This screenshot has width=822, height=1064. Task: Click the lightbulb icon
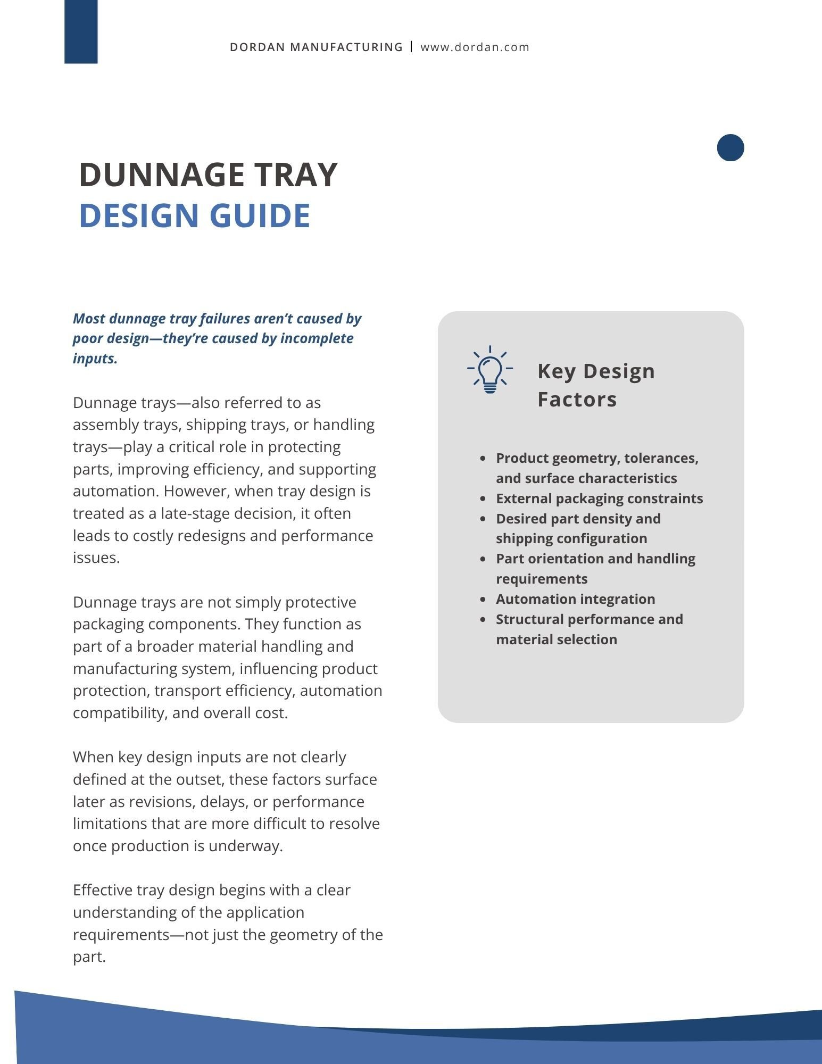click(x=489, y=370)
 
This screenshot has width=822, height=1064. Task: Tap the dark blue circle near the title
click(x=730, y=147)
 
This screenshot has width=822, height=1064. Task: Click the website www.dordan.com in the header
click(x=475, y=47)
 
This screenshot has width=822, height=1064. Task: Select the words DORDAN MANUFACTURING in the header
click(x=316, y=47)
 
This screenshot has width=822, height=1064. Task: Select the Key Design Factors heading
click(x=595, y=385)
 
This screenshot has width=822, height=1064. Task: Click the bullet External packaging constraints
click(x=599, y=498)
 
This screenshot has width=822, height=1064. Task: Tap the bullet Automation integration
click(x=575, y=599)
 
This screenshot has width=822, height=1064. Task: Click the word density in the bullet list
click(x=603, y=519)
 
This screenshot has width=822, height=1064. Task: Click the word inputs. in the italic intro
click(x=95, y=359)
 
